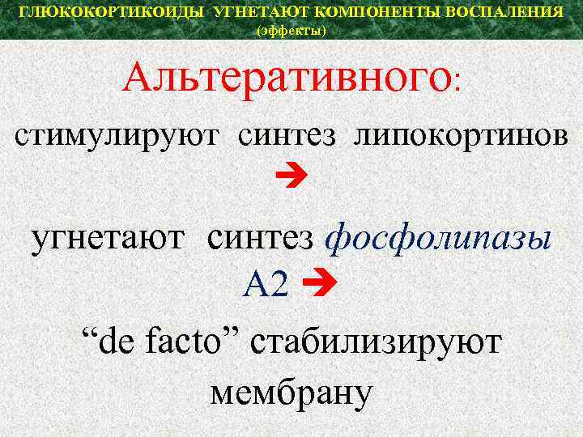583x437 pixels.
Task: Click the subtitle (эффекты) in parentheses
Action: point(291,31)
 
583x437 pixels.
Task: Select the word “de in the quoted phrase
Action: point(109,342)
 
